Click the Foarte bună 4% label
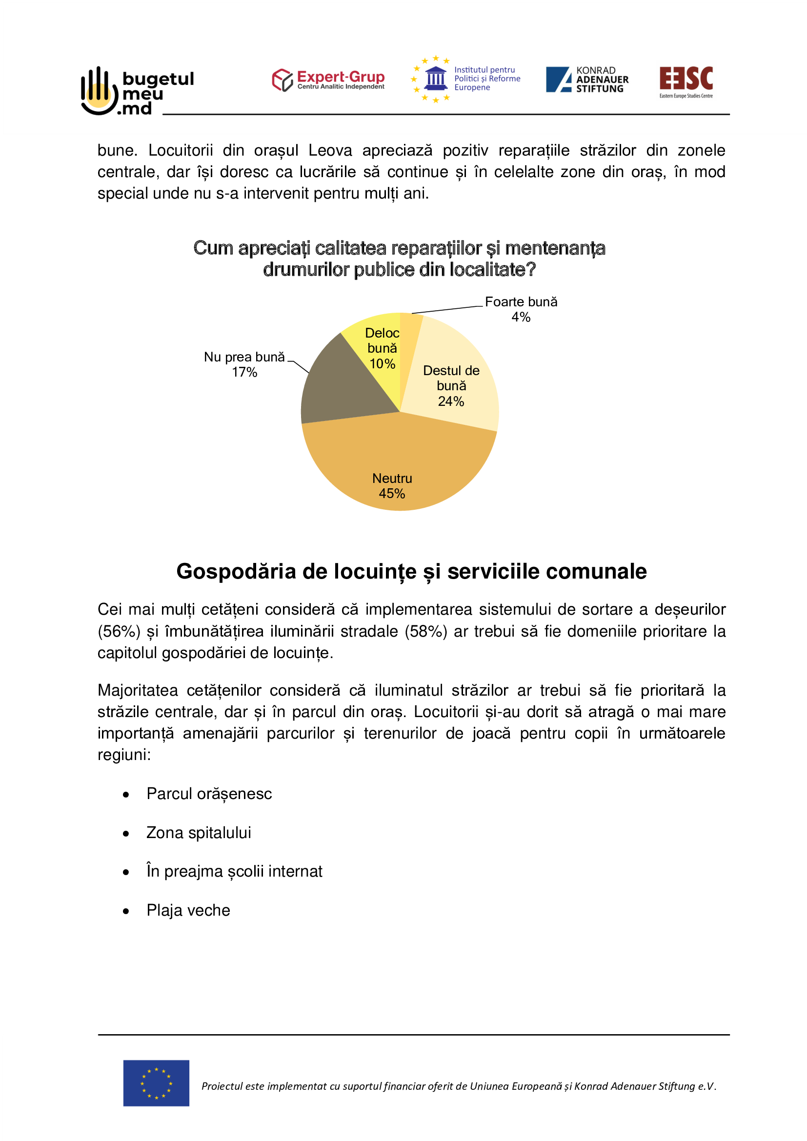(x=521, y=309)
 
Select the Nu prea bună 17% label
(x=244, y=364)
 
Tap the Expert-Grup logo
(x=328, y=80)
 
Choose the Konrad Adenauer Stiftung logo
(x=587, y=80)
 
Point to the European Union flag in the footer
(x=156, y=1083)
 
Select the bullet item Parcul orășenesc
(x=209, y=794)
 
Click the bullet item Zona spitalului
(x=199, y=832)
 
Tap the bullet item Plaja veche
(x=188, y=910)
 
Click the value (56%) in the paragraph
(x=119, y=631)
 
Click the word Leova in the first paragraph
(x=330, y=150)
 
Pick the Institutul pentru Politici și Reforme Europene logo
(x=465, y=79)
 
